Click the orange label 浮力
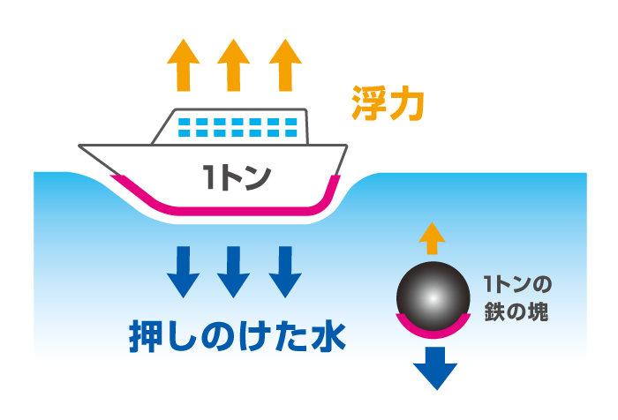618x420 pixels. coord(388,104)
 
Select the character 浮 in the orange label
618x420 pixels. coord(369,104)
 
